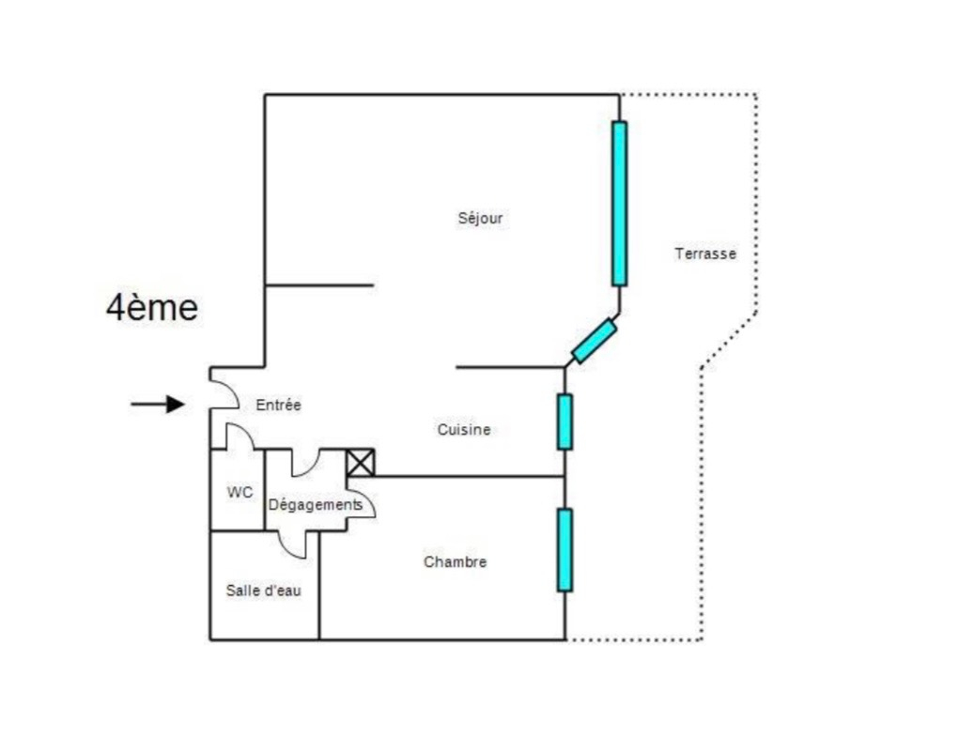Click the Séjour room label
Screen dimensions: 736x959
click(x=480, y=219)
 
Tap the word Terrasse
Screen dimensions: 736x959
click(x=704, y=253)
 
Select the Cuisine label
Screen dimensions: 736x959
click(x=463, y=430)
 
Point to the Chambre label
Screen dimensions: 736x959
click(x=455, y=562)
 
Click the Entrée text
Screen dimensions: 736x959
click(x=278, y=406)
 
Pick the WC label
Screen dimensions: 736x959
click(x=240, y=492)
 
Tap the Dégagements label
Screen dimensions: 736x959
click(x=315, y=505)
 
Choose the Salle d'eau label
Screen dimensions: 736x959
click(x=263, y=590)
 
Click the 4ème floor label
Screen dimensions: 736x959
click(x=151, y=307)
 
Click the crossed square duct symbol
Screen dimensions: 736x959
click(x=361, y=463)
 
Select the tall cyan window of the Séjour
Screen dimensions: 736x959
click(x=619, y=203)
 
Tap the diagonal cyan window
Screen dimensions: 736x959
click(x=595, y=341)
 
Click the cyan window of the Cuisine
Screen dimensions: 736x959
click(x=565, y=422)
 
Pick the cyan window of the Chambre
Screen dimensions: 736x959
click(x=565, y=549)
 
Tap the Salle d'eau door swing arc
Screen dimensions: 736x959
click(x=298, y=546)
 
